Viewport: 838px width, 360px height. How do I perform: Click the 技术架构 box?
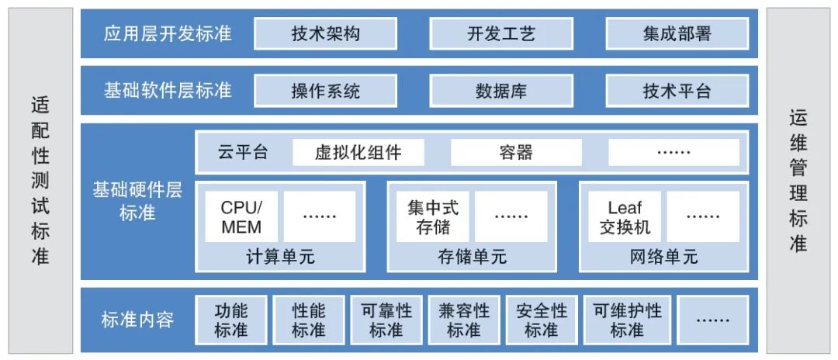[325, 34]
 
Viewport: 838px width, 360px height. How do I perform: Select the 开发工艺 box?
[500, 34]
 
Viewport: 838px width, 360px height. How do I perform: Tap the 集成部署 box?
[677, 34]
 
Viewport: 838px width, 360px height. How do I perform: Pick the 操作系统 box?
[325, 91]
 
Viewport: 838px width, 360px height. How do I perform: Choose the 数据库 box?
[500, 91]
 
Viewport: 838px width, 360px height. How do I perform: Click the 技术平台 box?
[677, 91]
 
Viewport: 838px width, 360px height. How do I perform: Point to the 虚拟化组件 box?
[358, 152]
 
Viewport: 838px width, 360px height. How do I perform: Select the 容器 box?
[516, 152]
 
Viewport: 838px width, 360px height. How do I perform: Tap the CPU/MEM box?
[241, 217]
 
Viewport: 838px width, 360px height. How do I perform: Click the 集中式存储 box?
[432, 217]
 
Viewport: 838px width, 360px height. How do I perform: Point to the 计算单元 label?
[280, 257]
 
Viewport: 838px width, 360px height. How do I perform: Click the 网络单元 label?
[663, 257]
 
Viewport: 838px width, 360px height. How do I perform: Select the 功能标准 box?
[230, 320]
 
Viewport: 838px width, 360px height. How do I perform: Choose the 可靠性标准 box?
[386, 320]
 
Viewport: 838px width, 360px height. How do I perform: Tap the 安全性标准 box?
[541, 320]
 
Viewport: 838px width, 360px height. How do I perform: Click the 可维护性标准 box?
[627, 320]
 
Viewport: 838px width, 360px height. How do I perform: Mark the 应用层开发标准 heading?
[168, 34]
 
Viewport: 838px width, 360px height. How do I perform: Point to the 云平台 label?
[243, 152]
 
